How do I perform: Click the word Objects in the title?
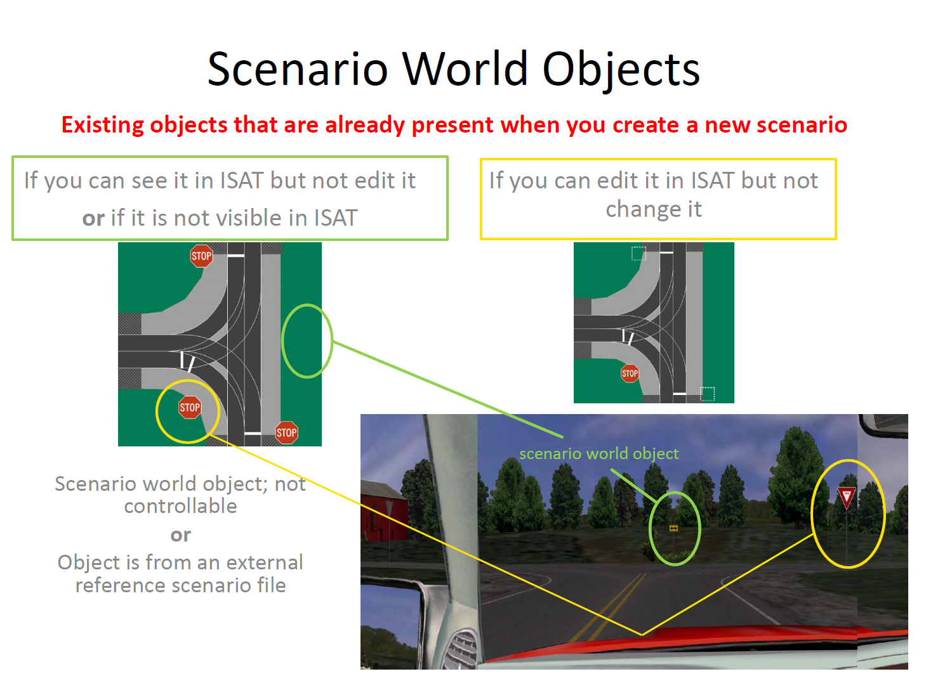pos(620,70)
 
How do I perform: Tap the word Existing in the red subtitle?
pos(103,125)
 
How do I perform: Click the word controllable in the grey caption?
pos(180,505)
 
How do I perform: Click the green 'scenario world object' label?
pos(599,453)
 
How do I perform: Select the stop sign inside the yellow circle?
pos(190,407)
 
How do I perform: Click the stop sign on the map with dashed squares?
pos(629,373)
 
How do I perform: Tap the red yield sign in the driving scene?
pos(846,497)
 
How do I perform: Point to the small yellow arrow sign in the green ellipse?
pos(673,528)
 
